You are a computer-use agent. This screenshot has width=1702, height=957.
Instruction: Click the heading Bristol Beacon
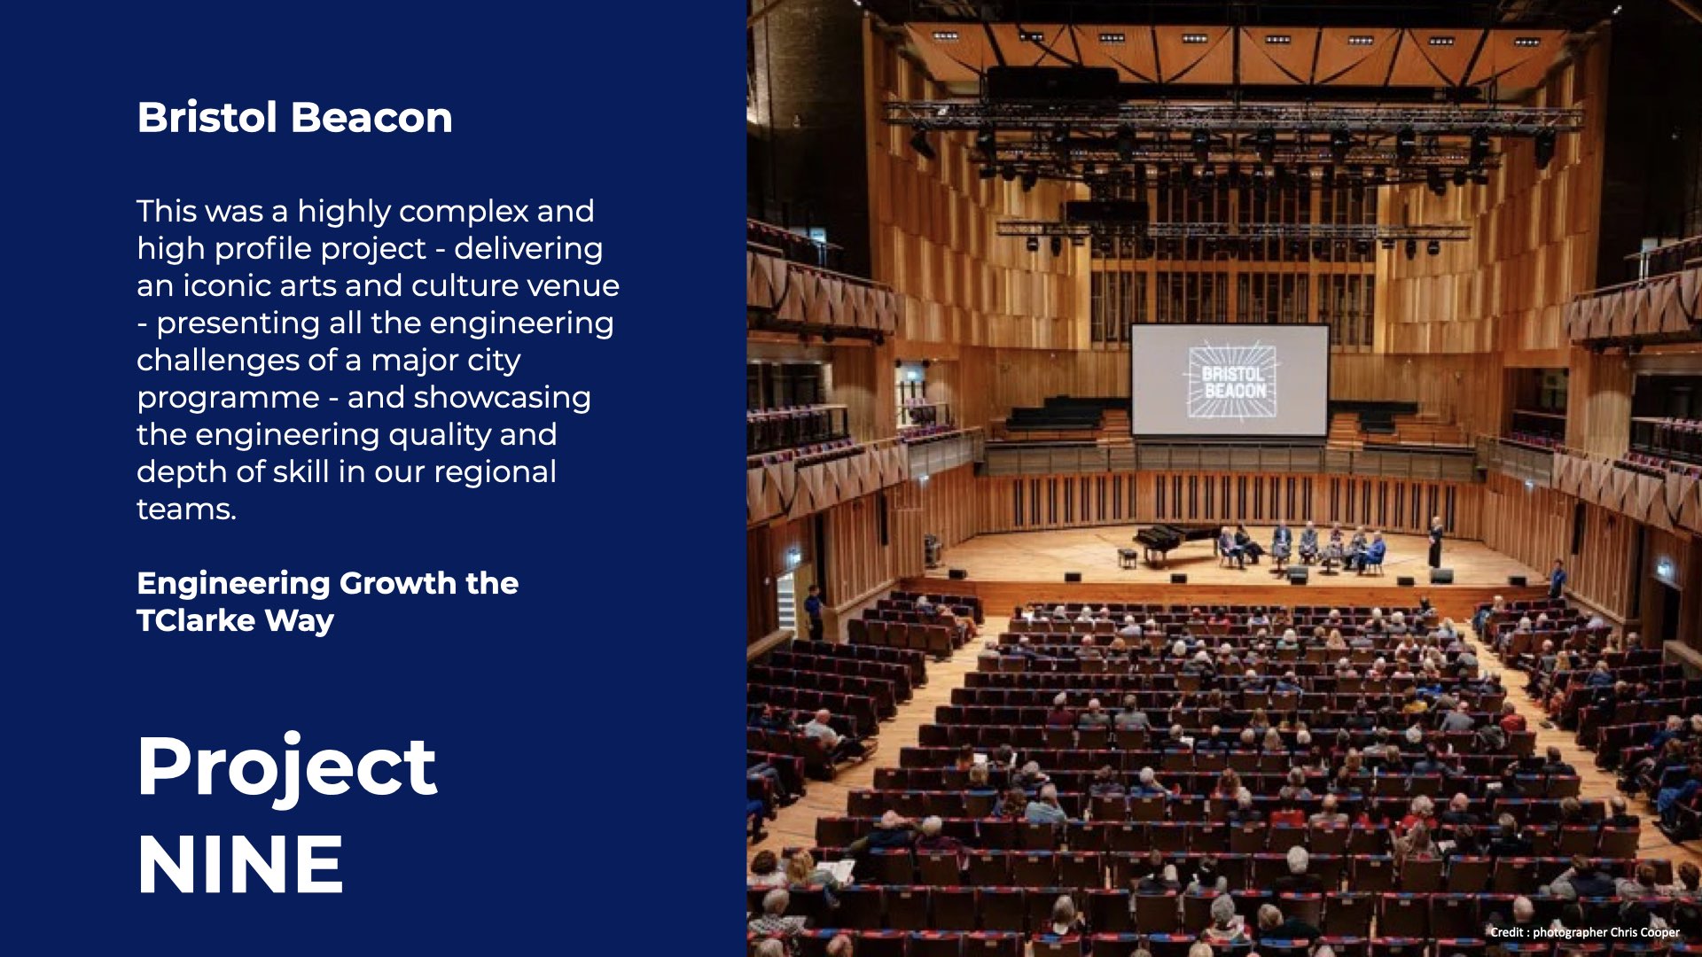tap(294, 117)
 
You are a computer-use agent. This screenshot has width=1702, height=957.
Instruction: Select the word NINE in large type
tap(240, 864)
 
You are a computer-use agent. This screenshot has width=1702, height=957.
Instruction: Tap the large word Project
tap(287, 767)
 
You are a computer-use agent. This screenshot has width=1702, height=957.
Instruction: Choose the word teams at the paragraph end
tap(186, 509)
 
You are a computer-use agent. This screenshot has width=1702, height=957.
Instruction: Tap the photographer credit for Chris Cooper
tap(1585, 932)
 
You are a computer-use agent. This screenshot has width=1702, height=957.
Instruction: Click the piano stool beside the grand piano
tap(1127, 558)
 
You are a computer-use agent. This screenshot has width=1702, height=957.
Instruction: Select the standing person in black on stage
tap(1435, 542)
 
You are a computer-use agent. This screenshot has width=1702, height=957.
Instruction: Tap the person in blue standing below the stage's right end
tap(1558, 579)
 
